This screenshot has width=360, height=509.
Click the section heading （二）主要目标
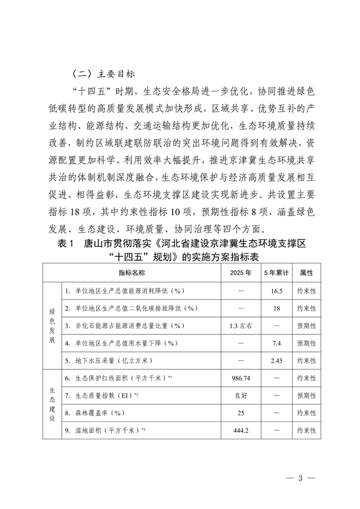pyautogui.click(x=104, y=75)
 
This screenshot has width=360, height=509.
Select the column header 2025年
pyautogui.click(x=240, y=272)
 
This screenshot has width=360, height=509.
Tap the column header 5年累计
pyautogui.click(x=277, y=272)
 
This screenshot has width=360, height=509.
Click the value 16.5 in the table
pyautogui.click(x=277, y=291)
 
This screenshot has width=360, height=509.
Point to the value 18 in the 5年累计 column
pyautogui.click(x=277, y=308)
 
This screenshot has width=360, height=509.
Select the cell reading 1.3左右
pyautogui.click(x=240, y=325)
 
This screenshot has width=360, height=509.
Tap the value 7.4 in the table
pyautogui.click(x=277, y=343)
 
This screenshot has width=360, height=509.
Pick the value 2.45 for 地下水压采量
pyautogui.click(x=277, y=360)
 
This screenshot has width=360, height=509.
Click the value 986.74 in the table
pyautogui.click(x=240, y=379)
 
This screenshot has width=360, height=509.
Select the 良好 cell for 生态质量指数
pyautogui.click(x=240, y=397)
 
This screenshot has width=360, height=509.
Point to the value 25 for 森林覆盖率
pyautogui.click(x=240, y=414)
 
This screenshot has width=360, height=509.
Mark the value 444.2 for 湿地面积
pyautogui.click(x=240, y=432)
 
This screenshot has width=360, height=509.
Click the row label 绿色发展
pyautogui.click(x=52, y=325)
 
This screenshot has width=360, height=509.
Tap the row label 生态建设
pyautogui.click(x=52, y=405)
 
